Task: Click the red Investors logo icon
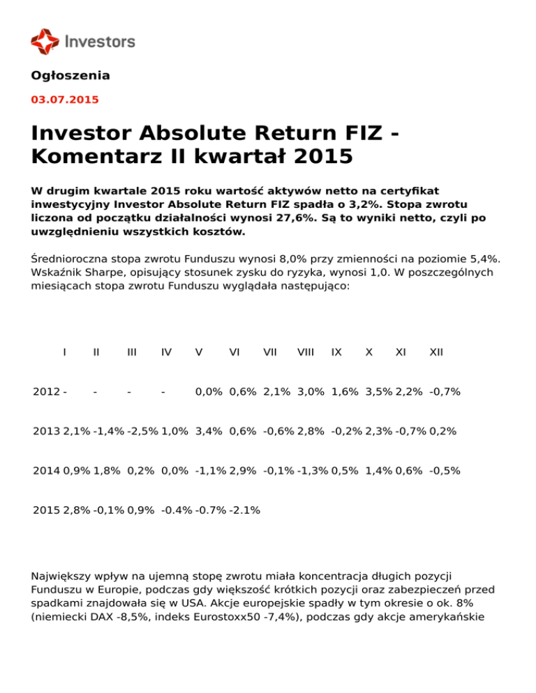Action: (x=45, y=41)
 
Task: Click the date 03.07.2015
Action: (x=65, y=100)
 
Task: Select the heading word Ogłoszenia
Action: (x=70, y=75)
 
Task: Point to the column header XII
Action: (x=436, y=352)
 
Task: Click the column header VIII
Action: (x=305, y=352)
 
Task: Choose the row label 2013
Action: (x=46, y=432)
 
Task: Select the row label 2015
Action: (x=46, y=510)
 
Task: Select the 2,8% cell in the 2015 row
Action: (x=76, y=510)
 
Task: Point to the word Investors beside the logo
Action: (x=100, y=41)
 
